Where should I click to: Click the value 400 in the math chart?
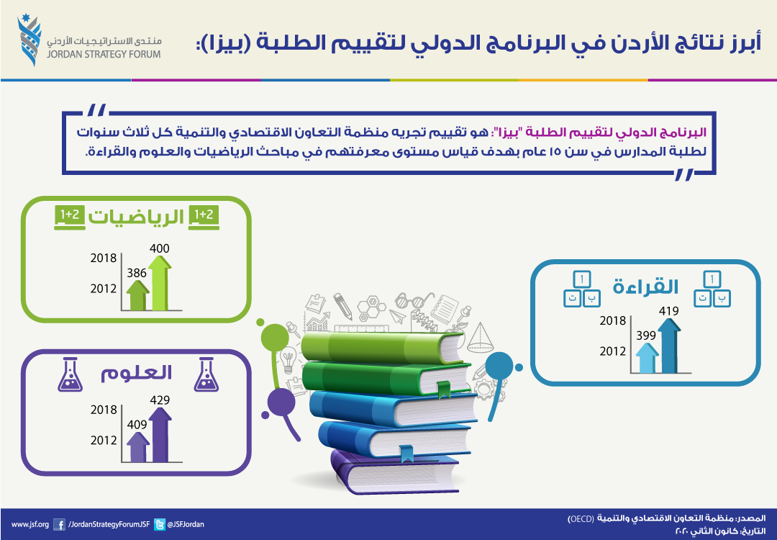pyautogui.click(x=160, y=248)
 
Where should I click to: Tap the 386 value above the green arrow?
pyautogui.click(x=136, y=273)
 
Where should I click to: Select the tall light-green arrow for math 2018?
pyautogui.click(x=160, y=283)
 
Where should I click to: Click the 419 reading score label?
pyautogui.click(x=668, y=312)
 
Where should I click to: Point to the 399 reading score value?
pyautogui.click(x=645, y=336)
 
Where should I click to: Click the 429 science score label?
pyautogui.click(x=160, y=400)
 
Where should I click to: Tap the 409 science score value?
pyautogui.click(x=137, y=425)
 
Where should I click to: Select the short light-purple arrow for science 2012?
pyautogui.click(x=137, y=447)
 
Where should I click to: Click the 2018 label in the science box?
pyautogui.click(x=104, y=410)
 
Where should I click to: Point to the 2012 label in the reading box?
pyautogui.click(x=613, y=351)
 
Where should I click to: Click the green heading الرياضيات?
pyautogui.click(x=136, y=217)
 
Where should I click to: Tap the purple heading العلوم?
pyautogui.click(x=136, y=373)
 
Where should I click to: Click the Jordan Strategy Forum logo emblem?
pyautogui.click(x=29, y=40)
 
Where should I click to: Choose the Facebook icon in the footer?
pyautogui.click(x=59, y=525)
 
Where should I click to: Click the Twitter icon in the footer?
pyautogui.click(x=160, y=525)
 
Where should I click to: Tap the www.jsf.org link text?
pyautogui.click(x=30, y=525)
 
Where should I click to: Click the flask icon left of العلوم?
pyautogui.click(x=70, y=374)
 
